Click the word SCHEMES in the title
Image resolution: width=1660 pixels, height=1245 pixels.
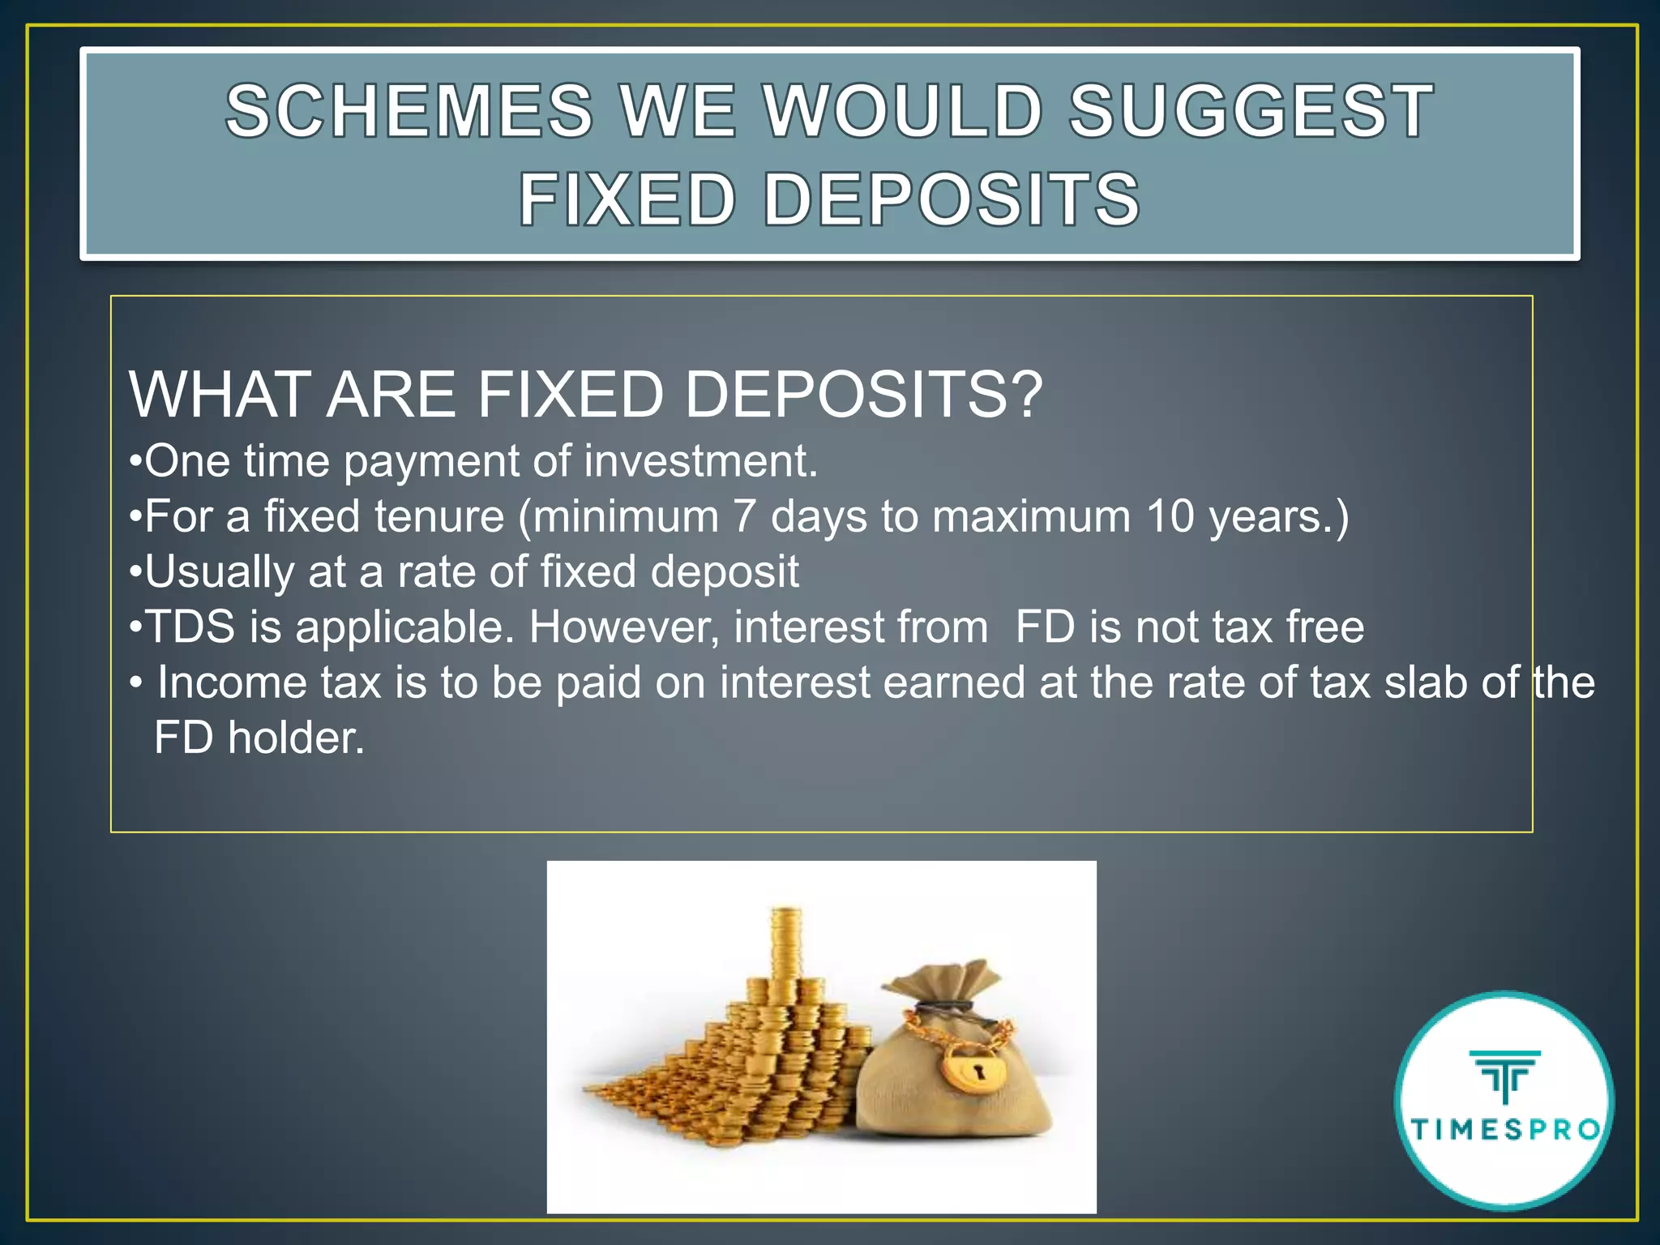click(409, 111)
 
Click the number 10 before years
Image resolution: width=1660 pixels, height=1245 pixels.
click(1170, 516)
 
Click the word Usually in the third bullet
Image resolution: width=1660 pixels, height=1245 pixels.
click(220, 571)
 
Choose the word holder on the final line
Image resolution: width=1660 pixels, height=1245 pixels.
click(296, 738)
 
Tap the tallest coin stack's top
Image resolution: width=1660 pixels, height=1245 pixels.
click(785, 915)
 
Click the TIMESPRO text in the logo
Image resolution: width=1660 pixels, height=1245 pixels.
click(1506, 1129)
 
